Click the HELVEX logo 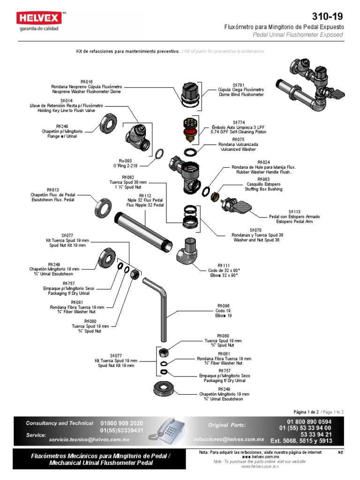pyautogui.click(x=40, y=19)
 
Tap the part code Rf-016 pyautogui.click(x=86, y=82)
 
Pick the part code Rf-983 pyautogui.click(x=263, y=179)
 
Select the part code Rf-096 pyautogui.click(x=223, y=305)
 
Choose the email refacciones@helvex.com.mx pyautogui.click(x=229, y=440)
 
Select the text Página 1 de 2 pyautogui.click(x=306, y=412)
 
